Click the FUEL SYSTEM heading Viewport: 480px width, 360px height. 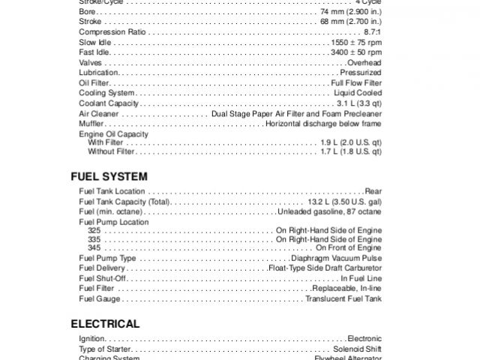[109, 176]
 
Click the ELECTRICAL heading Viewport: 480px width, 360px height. [105, 324]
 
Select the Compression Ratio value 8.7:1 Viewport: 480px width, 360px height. [370, 33]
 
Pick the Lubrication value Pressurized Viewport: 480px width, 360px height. [361, 73]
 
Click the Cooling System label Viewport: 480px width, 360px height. [106, 93]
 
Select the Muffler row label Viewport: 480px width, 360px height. [91, 123]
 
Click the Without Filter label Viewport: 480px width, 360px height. [111, 151]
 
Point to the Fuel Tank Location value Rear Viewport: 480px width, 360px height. [373, 192]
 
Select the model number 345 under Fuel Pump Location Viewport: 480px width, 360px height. [94, 247]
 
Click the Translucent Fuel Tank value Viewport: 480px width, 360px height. [343, 298]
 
